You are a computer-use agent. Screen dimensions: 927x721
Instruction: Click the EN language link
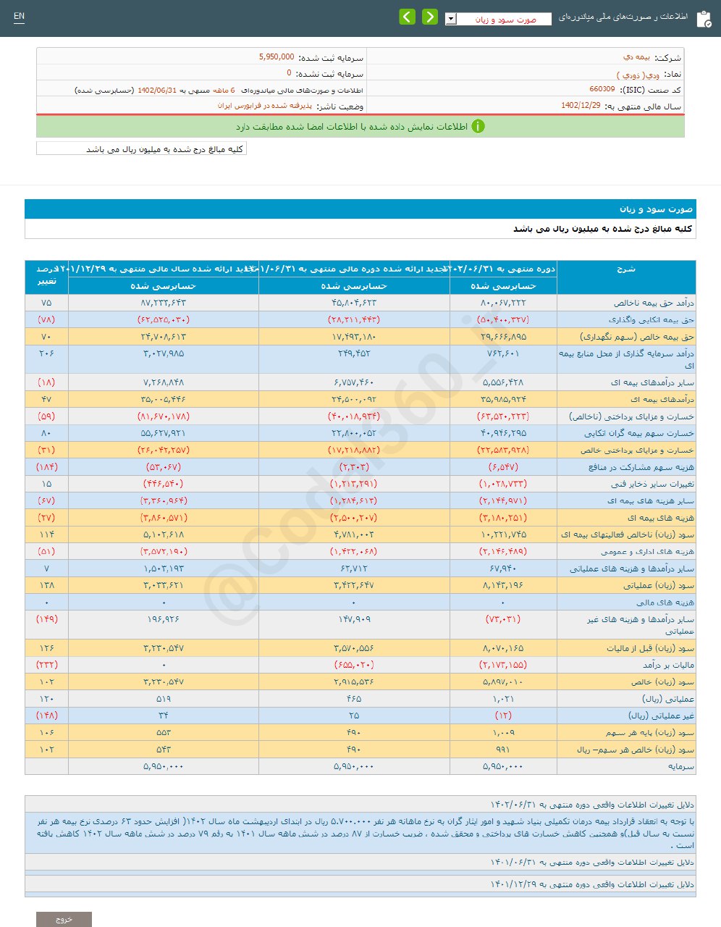19,17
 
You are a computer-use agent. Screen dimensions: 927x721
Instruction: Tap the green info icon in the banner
478,126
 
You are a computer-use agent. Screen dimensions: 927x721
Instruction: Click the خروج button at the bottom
64,919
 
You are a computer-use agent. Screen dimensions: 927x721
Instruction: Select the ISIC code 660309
602,89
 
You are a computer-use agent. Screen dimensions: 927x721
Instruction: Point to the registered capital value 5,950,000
277,56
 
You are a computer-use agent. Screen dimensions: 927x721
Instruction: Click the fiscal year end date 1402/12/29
581,105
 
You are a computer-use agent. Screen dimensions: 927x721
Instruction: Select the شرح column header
626,269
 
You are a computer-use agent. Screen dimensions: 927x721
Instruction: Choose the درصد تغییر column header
47,275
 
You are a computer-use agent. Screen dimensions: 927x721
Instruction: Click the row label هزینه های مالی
665,603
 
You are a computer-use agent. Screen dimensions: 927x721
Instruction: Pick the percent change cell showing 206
47,353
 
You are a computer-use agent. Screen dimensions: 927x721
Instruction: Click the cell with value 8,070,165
503,648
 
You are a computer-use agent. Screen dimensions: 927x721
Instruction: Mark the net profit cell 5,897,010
503,682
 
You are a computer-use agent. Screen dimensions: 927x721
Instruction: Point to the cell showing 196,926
163,619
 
